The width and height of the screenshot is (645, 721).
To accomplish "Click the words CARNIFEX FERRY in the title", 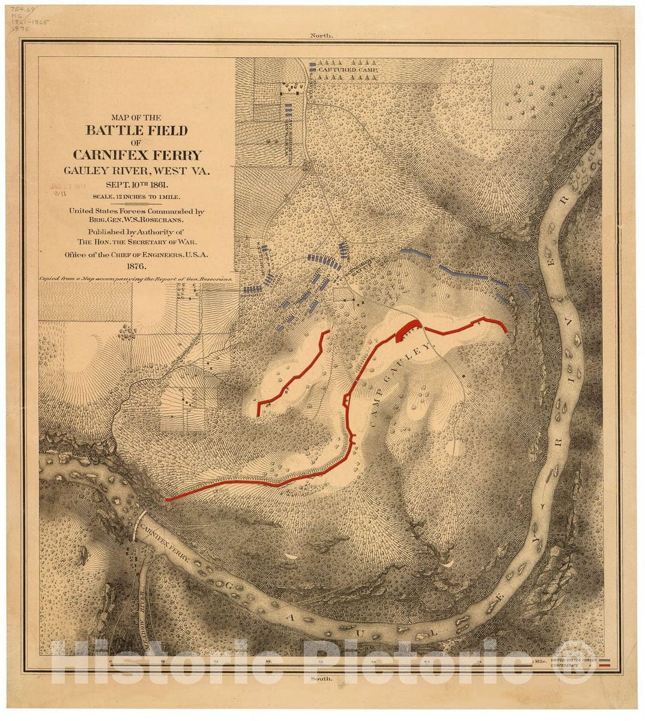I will tap(137, 154).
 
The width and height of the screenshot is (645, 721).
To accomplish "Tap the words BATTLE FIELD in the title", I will tap(137, 130).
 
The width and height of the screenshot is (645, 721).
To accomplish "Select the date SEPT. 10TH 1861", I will tap(138, 184).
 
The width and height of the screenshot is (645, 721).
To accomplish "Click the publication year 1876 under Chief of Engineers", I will tap(137, 266).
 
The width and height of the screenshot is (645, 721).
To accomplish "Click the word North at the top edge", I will tap(321, 35).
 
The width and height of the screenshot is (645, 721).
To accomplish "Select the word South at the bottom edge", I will tap(321, 678).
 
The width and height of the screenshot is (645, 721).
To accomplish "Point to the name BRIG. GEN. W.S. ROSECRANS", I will tap(137, 220).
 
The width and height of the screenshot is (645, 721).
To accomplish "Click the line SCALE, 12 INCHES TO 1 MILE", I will tap(137, 196).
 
